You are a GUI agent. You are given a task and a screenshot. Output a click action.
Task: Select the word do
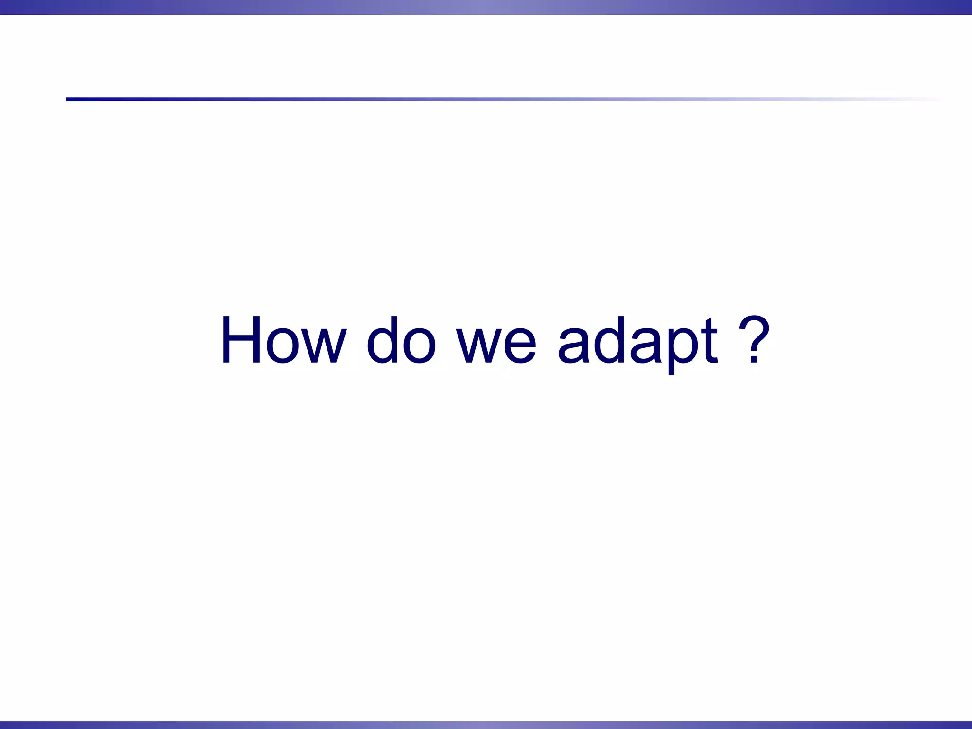401,340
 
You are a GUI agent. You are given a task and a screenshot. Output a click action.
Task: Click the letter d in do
383,340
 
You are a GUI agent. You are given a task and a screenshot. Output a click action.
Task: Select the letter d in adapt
610,340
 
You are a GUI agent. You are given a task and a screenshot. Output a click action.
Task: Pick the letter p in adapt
682,349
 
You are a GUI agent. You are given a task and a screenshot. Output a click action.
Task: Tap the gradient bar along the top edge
486,7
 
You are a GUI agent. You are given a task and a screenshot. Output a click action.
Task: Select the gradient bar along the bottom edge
486,725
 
